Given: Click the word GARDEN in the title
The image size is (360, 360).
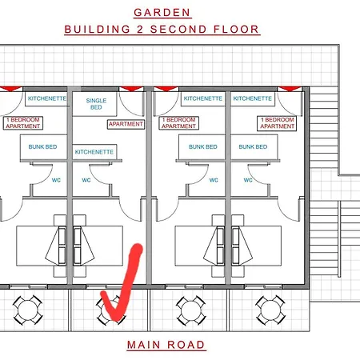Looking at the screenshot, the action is coord(162,13).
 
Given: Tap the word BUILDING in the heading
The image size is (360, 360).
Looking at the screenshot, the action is coord(98,30).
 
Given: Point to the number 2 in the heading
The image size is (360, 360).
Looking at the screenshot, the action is coord(140,30).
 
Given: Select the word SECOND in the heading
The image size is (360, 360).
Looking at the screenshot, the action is coord(178,30).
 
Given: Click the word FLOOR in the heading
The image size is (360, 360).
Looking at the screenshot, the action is coord(236,30).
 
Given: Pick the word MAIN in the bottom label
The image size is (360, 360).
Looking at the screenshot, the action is coord(144,345).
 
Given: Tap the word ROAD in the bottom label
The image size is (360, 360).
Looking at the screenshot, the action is coord(186,345).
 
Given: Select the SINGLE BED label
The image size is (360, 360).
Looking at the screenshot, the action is coord(96,104).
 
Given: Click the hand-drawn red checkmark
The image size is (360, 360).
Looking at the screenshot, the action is coord(122,282).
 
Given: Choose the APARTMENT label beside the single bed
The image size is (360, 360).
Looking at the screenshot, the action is coord(126,124).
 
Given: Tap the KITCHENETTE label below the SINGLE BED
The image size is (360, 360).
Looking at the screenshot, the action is coord(94,152).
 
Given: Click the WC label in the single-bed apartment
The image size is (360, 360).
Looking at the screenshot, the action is coord(86,180).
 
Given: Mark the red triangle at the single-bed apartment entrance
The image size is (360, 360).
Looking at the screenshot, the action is coord(131,89).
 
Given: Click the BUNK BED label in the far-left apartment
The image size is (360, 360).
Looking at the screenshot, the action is coord(42,146).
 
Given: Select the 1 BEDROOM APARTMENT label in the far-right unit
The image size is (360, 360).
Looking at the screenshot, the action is coord(278,123).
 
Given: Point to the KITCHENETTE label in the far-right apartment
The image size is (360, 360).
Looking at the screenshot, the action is coord(253,98).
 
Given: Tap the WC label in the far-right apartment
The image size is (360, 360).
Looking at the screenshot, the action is coord(248,180).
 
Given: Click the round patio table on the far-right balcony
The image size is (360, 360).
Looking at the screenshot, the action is coord(270,310).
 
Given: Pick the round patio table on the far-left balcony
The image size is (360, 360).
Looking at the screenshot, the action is coord(28,310).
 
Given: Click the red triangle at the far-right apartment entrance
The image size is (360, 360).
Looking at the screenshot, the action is coord(290,89).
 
